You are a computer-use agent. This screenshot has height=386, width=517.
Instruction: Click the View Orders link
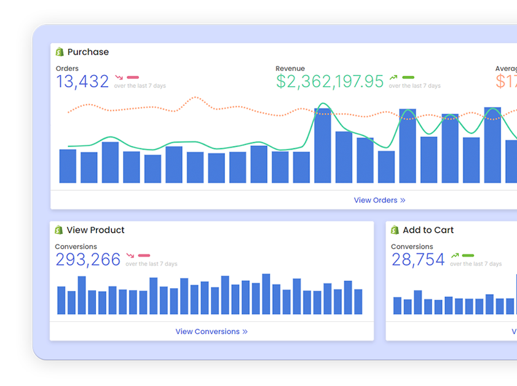coord(379,200)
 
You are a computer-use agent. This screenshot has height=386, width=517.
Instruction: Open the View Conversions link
coord(211,331)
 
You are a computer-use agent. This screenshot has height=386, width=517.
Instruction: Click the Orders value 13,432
coord(82,81)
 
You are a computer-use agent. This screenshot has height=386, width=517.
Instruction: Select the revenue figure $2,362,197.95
coord(330,81)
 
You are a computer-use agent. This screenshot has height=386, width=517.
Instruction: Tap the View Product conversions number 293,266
coord(88,260)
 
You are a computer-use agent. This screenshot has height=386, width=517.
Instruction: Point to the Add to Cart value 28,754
coord(418,260)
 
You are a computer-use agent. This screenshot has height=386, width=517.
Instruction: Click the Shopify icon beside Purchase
coord(60,52)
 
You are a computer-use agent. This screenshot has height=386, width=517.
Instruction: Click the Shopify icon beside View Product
coord(59,230)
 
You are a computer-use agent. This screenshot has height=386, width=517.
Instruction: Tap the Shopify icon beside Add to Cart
coord(395,230)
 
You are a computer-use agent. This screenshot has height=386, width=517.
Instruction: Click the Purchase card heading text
coord(88,52)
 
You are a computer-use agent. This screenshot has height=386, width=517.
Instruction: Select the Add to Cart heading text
coord(428,230)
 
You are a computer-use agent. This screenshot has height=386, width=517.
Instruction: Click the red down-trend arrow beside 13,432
coord(119,78)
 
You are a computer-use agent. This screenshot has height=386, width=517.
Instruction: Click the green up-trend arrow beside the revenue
coord(393,78)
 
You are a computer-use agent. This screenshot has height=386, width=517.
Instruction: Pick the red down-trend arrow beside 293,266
coord(130,255)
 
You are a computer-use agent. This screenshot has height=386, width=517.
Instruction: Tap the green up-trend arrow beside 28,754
coord(454,255)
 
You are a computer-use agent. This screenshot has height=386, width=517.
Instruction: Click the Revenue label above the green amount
coord(290,68)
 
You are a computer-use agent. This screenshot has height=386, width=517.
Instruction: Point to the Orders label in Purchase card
coord(67,68)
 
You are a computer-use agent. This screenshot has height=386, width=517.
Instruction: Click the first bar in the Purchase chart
coord(68,166)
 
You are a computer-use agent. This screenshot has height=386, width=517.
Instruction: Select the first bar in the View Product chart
coord(61,300)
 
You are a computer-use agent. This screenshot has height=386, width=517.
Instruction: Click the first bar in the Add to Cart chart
coord(397,305)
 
